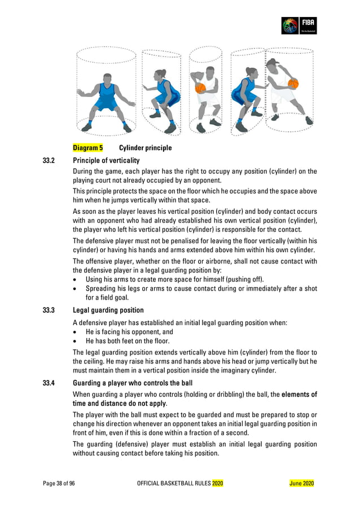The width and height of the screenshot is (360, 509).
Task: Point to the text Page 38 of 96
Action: coord(59,484)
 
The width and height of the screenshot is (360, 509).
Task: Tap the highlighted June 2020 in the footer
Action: coord(301,484)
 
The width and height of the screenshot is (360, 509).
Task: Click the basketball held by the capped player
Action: coord(293,84)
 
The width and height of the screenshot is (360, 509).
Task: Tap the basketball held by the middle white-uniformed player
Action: coord(200,88)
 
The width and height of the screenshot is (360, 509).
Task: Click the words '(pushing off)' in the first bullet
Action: coord(244,279)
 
